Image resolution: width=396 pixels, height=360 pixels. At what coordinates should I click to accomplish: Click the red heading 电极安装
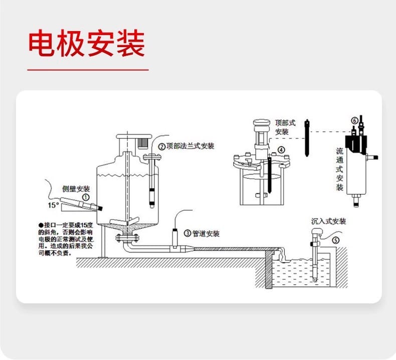pos(86,43)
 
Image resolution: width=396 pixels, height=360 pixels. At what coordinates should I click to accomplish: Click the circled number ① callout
pos(86,198)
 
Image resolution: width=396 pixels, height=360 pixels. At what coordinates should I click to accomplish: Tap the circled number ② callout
pos(162,146)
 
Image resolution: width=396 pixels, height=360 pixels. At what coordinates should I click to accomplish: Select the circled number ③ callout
pos(187,233)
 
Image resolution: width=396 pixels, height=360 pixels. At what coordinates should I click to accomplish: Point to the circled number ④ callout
pos(281,149)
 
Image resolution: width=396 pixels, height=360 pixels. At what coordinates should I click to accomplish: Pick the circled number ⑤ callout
pos(335,239)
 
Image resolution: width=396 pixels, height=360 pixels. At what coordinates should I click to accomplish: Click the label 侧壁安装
pos(76,189)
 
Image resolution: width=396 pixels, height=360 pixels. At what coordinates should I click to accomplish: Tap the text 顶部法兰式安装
pos(190,146)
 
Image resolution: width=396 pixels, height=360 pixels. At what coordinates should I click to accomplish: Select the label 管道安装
pos(206,233)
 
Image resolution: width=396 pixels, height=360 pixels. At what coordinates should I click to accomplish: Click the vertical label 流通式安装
pos(339,169)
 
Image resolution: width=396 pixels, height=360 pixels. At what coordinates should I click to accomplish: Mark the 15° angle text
pos(53,205)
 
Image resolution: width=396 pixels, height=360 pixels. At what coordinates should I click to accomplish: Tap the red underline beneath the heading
pos(88,70)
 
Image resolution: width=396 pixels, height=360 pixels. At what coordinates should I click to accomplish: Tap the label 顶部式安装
pos(282,127)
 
